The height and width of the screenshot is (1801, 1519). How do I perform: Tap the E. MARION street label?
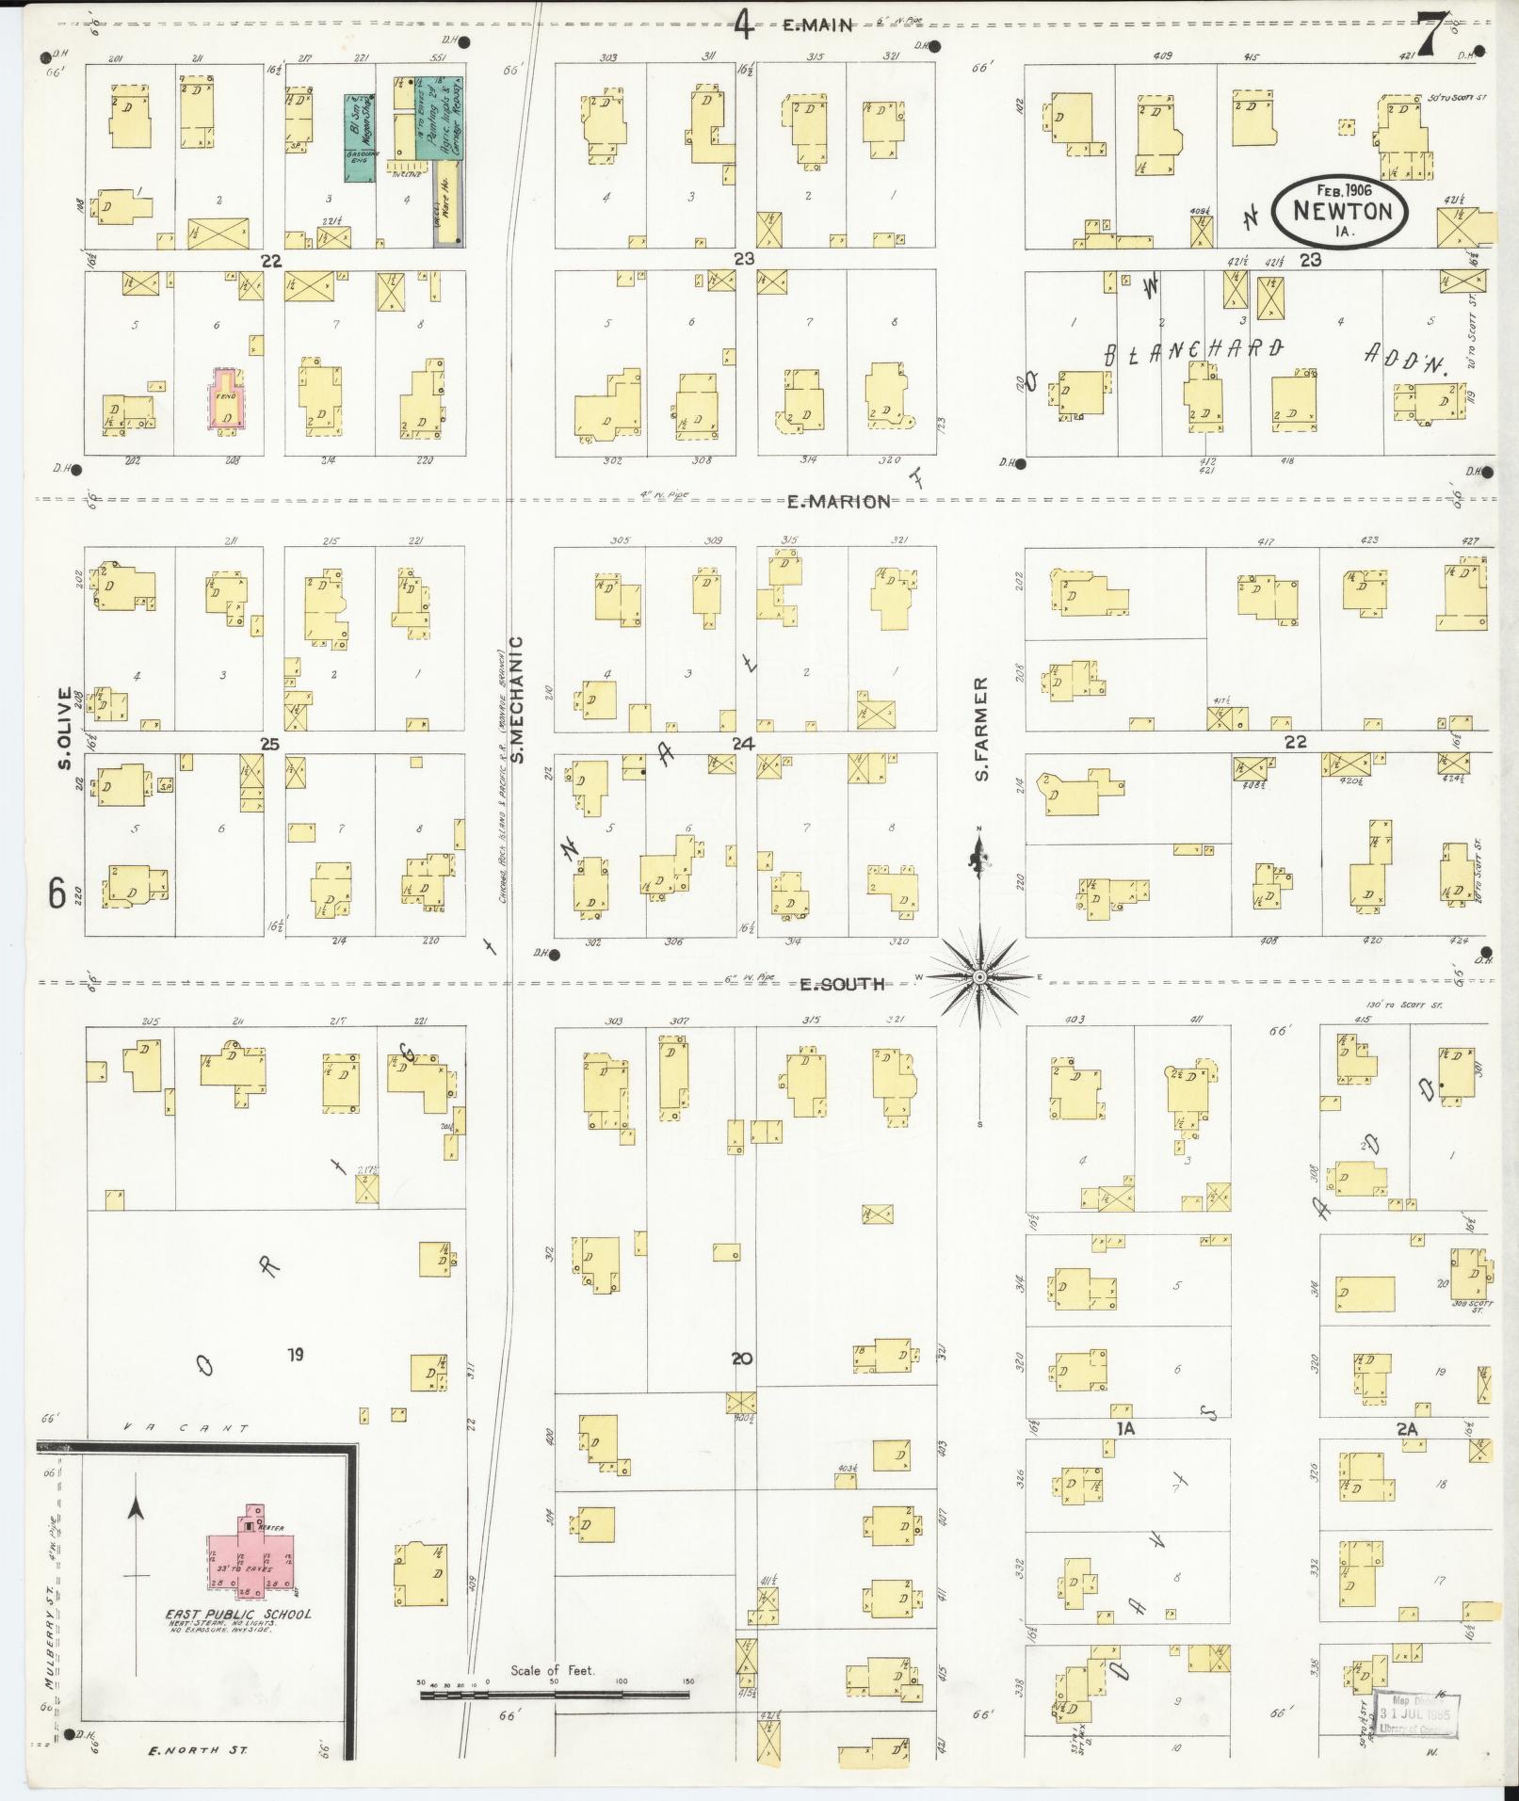pos(839,502)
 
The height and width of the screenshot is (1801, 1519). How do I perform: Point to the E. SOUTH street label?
pos(842,985)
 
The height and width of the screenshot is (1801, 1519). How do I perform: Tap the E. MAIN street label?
pos(817,26)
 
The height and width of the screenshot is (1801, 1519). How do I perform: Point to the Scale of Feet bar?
pos(555,1695)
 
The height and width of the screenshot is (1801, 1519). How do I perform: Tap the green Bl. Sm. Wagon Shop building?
pos(358,137)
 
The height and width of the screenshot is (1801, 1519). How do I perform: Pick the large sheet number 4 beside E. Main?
pos(744,25)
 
